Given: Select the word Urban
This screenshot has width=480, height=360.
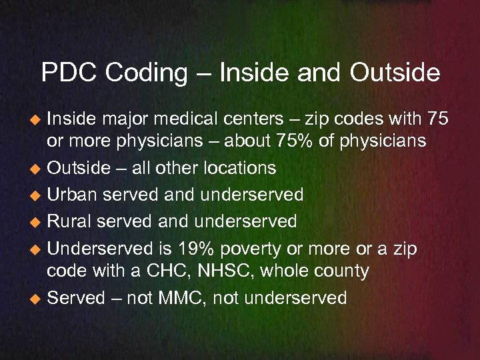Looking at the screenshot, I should [x=74, y=195].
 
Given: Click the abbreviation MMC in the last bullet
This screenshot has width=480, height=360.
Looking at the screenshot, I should [x=183, y=297].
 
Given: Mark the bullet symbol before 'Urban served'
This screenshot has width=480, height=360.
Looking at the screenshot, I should [x=37, y=195].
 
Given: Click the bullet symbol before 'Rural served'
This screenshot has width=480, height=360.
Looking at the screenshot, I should [x=37, y=221].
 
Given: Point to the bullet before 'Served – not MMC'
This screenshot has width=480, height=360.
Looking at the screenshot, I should [x=37, y=298].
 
